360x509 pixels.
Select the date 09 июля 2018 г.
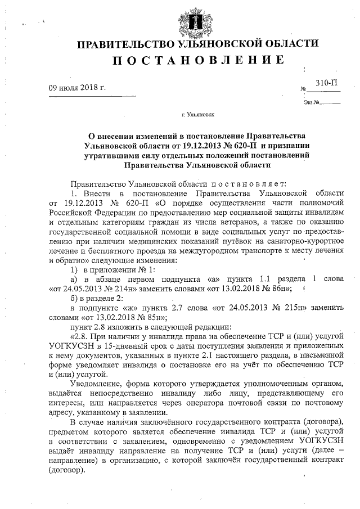(x=77, y=88)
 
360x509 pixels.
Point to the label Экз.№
(x=311, y=102)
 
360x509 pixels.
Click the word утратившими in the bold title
(x=110, y=155)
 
